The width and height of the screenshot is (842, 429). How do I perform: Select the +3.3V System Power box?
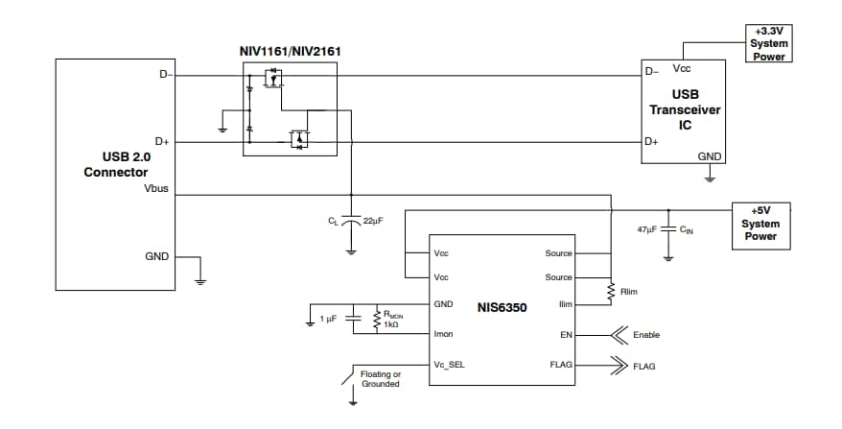click(x=769, y=44)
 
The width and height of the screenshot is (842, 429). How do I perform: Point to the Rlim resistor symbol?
click(x=611, y=291)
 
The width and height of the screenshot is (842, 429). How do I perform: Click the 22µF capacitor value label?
click(x=373, y=221)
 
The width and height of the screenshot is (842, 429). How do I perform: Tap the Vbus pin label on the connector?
click(x=156, y=189)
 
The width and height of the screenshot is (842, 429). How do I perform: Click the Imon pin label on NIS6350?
click(x=443, y=334)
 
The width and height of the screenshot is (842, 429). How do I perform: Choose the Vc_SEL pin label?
click(x=449, y=366)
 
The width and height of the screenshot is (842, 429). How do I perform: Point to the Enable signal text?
click(x=647, y=335)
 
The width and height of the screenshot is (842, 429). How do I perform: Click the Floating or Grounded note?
click(x=380, y=379)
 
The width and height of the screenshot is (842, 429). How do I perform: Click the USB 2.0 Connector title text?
click(x=115, y=164)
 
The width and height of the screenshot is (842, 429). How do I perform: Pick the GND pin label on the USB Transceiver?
click(x=710, y=155)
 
